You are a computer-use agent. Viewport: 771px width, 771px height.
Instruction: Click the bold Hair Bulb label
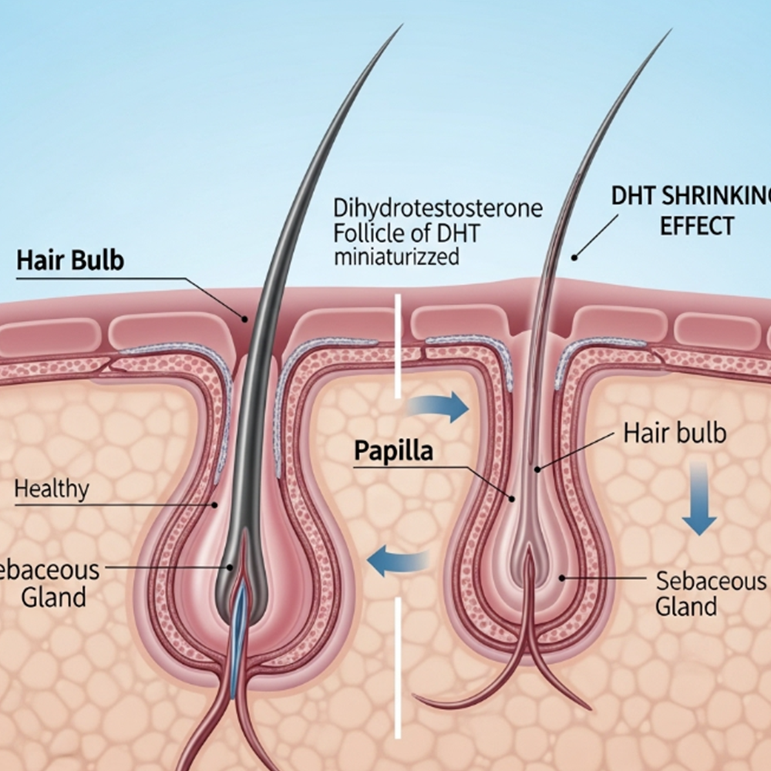coord(69,261)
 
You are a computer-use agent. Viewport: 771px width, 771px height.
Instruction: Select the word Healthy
coord(52,488)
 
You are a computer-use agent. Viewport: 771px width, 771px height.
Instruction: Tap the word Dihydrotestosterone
coord(438,208)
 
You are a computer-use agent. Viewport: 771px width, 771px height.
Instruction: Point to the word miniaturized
coord(396,256)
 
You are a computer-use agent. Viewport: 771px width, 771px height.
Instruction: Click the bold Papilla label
coord(393,451)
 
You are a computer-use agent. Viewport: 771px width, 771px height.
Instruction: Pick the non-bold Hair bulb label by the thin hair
coord(675,433)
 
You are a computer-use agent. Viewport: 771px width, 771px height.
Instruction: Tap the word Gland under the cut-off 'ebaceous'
coord(54,597)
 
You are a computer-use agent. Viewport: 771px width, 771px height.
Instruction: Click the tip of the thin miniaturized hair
coord(669,33)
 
